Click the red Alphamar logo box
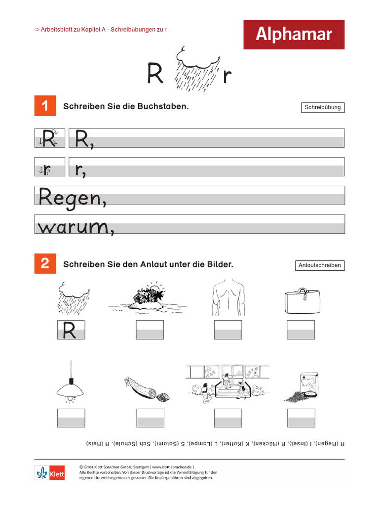294,35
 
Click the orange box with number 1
45,106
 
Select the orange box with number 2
45,264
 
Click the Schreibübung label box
322,107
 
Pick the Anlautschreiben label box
319,265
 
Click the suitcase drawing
302,300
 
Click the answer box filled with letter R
71,330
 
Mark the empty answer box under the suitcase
301,330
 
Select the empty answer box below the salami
150,418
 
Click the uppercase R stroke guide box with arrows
49,138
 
